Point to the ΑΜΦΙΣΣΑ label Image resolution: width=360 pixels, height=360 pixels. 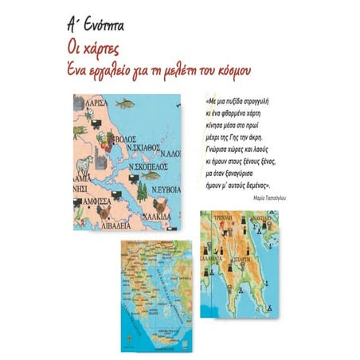89,202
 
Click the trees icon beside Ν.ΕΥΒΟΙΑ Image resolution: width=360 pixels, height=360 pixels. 151,190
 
